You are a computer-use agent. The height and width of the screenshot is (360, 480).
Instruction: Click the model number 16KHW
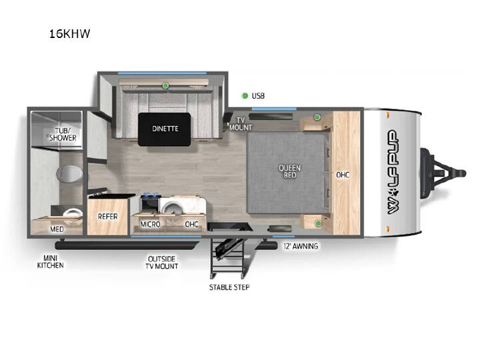point(70,34)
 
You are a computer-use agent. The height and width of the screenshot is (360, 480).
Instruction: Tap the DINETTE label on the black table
point(165,129)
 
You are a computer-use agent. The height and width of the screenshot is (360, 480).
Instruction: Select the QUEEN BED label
point(289,171)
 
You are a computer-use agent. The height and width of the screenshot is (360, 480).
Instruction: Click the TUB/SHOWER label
point(63,135)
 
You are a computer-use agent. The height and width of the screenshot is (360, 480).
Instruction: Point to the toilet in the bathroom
point(69,173)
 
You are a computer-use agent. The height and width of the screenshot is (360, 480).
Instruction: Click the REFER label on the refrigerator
point(108,217)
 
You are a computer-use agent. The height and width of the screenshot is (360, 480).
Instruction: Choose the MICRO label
point(150,225)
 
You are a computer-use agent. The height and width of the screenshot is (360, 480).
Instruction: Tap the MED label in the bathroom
point(57,229)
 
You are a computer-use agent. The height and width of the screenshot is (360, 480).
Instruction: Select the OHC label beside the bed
point(343,175)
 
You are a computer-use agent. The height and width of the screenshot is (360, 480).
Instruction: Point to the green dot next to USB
point(245,96)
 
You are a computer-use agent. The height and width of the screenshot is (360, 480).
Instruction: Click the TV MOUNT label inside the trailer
point(241,124)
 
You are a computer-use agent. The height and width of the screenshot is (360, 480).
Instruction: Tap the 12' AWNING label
point(301,246)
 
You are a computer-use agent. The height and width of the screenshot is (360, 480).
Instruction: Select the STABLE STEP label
point(229,287)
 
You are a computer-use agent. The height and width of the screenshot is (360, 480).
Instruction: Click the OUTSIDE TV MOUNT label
point(161,263)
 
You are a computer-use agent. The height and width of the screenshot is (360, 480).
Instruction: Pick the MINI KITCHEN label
point(50,262)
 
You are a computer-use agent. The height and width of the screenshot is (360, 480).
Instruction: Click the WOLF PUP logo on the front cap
point(393,172)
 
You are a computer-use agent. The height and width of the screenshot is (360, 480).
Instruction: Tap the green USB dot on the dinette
point(165,85)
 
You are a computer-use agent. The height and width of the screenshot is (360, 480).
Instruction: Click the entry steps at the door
point(228,257)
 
